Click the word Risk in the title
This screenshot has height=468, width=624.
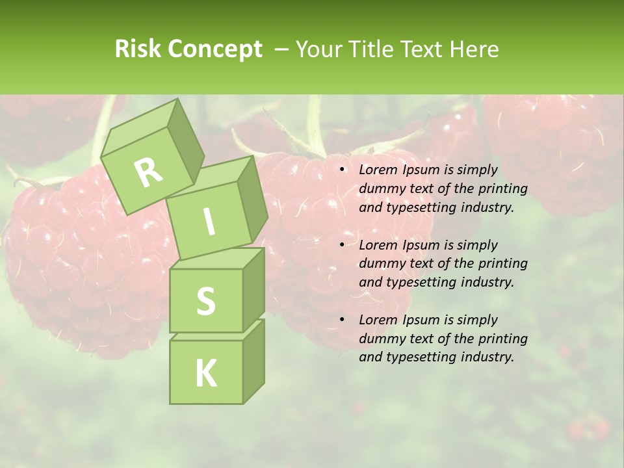[x=137, y=49]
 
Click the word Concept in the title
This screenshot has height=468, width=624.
[x=215, y=49]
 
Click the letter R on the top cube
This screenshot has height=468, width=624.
[x=149, y=172]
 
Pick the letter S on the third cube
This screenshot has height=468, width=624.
[x=205, y=301]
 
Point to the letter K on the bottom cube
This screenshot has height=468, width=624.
[x=205, y=373]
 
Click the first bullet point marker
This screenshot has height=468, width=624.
[x=342, y=170]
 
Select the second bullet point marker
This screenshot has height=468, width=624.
[x=342, y=246]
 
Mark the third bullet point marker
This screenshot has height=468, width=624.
[x=342, y=320]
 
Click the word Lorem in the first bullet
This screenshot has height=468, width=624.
[x=376, y=170]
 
